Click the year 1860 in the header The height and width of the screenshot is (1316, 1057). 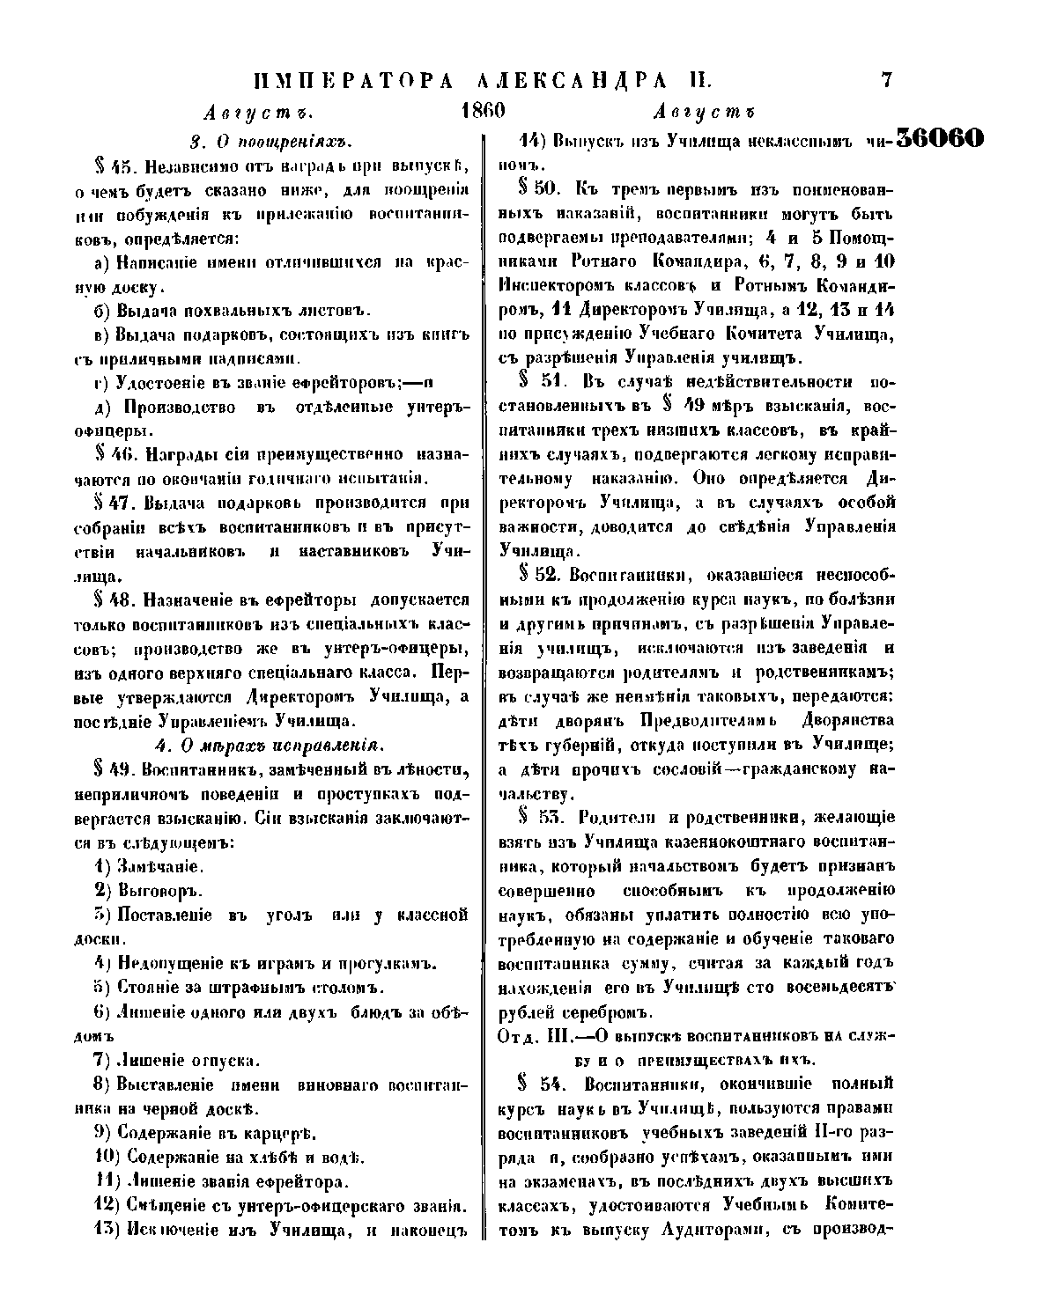point(482,112)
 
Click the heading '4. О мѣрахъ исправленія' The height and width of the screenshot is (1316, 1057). point(270,745)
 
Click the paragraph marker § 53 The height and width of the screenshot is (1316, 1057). point(540,818)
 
